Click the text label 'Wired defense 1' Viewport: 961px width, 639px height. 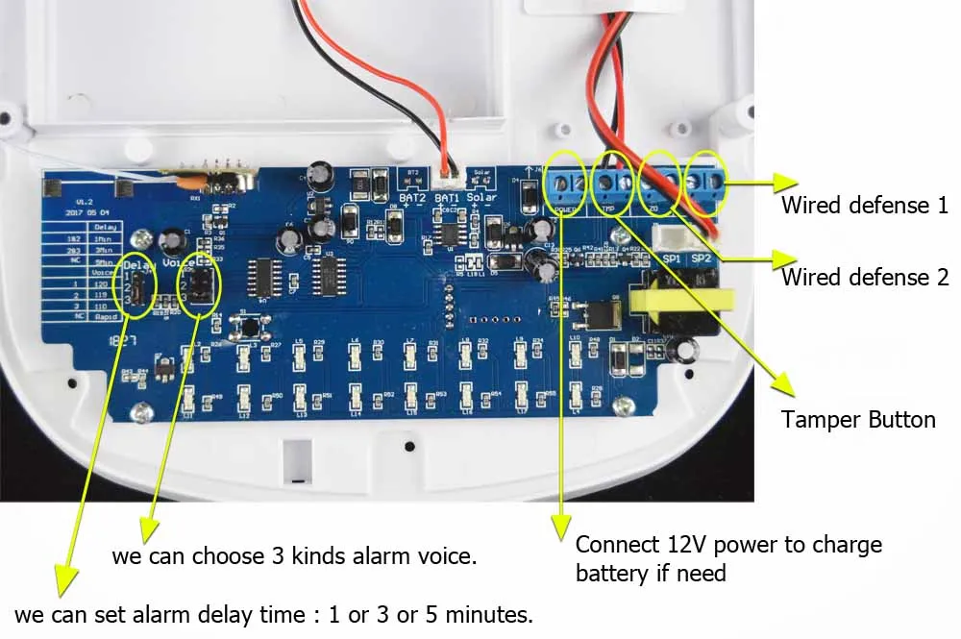pos(864,205)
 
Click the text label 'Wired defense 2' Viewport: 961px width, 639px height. pos(864,278)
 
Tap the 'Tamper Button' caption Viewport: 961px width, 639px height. pos(857,420)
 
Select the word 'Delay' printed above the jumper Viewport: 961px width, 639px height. pos(139,263)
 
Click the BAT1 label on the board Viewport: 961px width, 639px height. pos(447,198)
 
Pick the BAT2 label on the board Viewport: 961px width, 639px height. pos(412,198)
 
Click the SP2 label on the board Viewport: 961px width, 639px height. pos(701,259)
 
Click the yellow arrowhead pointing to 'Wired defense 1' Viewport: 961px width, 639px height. pos(785,181)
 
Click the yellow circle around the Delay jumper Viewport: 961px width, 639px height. pos(136,287)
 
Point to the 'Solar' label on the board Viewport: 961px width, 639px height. pos(481,197)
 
